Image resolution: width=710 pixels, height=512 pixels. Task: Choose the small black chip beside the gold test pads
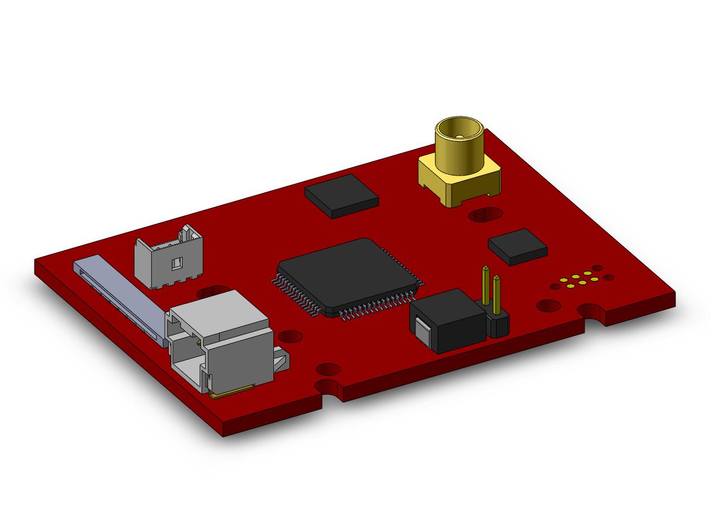click(517, 246)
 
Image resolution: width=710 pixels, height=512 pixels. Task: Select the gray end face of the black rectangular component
click(424, 331)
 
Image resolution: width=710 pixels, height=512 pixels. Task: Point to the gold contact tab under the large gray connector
click(231, 391)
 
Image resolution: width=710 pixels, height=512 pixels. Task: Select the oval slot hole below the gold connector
click(486, 214)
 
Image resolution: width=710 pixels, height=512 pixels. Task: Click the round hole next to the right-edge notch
click(548, 306)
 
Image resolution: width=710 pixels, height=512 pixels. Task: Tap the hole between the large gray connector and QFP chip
click(290, 338)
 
